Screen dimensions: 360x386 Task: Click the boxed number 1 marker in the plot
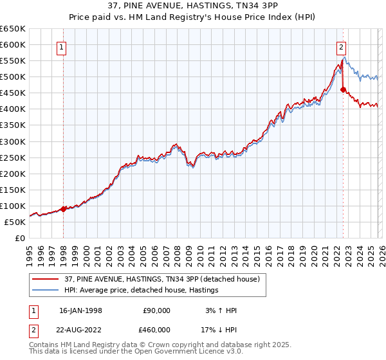point(62,46)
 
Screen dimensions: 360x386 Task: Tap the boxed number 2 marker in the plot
point(340,46)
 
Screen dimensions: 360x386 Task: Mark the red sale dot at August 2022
point(343,90)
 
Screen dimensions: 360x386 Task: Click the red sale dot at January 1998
point(64,209)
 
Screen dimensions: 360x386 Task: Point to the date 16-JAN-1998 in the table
point(80,310)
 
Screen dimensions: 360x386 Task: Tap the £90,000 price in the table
point(156,310)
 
